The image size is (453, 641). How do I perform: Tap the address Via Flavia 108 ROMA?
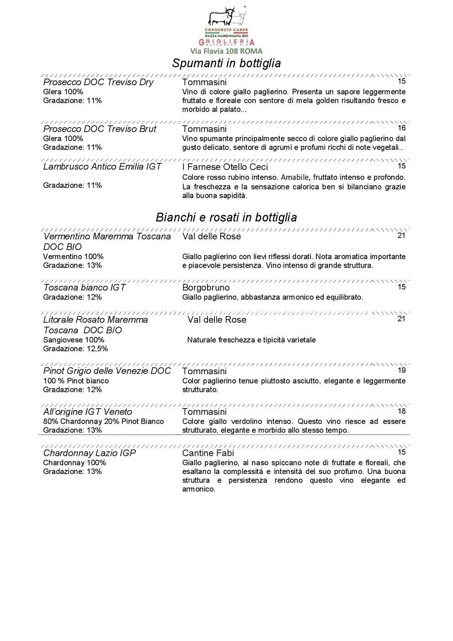click(226, 51)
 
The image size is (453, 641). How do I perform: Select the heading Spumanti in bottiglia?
click(226, 63)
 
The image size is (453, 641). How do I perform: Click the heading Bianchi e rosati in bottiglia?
click(226, 217)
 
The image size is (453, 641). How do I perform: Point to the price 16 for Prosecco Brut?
click(402, 128)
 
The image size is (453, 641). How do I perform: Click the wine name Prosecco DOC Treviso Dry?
click(98, 82)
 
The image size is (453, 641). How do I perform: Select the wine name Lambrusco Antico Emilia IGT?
click(102, 167)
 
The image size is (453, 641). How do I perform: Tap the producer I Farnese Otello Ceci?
click(225, 167)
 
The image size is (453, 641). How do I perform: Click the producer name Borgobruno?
click(206, 288)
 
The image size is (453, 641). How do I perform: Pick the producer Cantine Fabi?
click(208, 453)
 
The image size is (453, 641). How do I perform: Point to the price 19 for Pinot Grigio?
click(402, 370)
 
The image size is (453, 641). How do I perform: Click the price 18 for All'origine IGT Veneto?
click(402, 411)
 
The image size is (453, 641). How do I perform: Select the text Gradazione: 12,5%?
click(75, 349)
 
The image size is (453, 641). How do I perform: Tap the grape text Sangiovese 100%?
click(74, 340)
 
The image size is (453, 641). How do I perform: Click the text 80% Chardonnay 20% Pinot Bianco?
click(103, 421)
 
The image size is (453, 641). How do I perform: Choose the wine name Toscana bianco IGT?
click(84, 287)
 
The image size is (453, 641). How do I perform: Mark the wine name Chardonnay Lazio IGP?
click(89, 453)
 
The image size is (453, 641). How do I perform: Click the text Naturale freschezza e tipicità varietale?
click(251, 340)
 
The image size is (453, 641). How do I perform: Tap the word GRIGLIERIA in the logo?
click(226, 42)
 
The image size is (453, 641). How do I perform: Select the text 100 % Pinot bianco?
click(76, 381)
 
